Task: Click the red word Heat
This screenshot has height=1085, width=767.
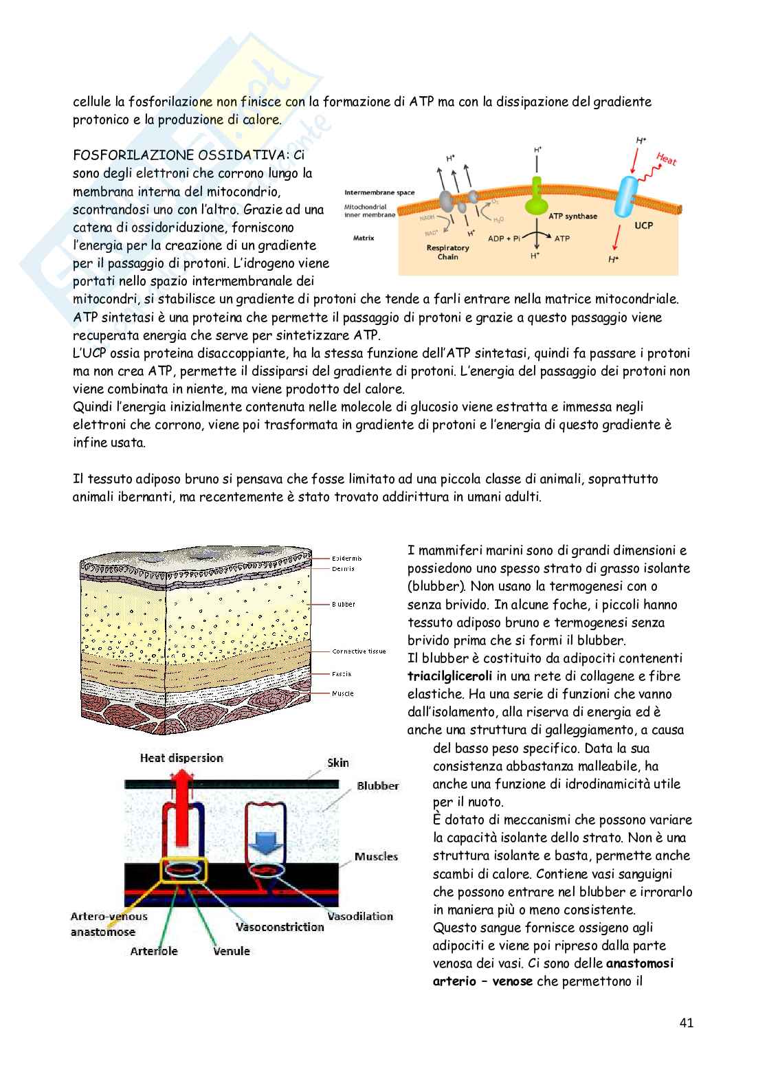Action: click(x=665, y=159)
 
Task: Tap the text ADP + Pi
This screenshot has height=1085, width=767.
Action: click(x=504, y=238)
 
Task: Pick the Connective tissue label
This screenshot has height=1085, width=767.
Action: click(x=359, y=651)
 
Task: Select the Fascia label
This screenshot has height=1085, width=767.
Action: click(x=342, y=674)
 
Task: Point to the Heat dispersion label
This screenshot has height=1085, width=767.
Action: click(x=181, y=758)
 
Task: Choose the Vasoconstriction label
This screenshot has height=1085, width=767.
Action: click(x=279, y=927)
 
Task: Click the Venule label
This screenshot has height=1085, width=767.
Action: click(x=232, y=951)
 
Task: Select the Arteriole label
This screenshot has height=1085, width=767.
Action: click(x=154, y=951)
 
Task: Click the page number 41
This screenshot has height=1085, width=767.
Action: click(x=686, y=1022)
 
